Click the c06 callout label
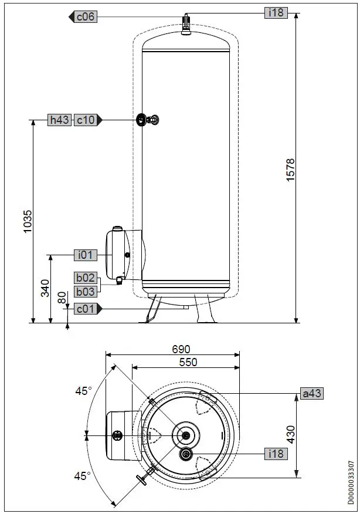coord(86,17)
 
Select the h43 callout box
coord(59,120)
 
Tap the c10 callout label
coord(86,120)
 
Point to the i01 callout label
coord(86,255)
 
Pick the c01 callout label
coord(86,309)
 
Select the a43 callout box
coord(311,393)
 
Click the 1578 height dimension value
coord(290,170)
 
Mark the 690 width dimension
coord(181,349)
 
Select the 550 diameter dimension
coord(188,362)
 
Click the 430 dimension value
coord(290,435)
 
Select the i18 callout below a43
coord(276,454)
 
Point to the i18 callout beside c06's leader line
coord(276,12)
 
